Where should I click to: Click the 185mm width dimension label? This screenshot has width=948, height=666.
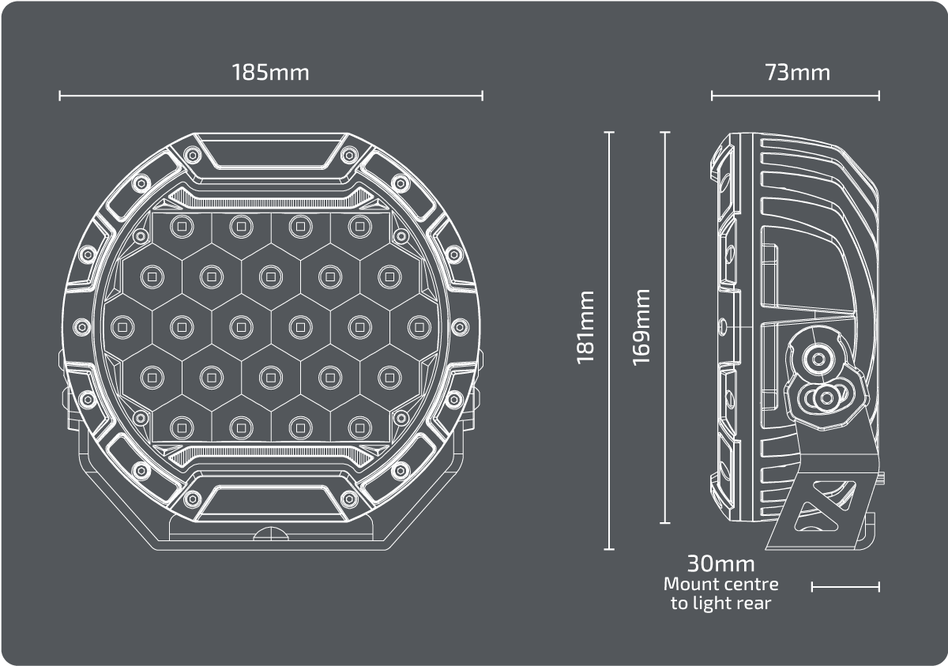pyautogui.click(x=270, y=73)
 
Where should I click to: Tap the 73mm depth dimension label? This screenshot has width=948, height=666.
pyautogui.click(x=797, y=73)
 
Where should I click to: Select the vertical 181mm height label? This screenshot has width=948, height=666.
pyautogui.click(x=585, y=327)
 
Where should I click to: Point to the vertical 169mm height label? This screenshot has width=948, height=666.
pyautogui.click(x=641, y=327)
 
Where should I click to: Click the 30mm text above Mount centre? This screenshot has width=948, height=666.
pyautogui.click(x=720, y=563)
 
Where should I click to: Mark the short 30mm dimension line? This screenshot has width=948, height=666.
pyautogui.click(x=845, y=587)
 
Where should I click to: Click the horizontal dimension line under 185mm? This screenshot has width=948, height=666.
pyautogui.click(x=271, y=96)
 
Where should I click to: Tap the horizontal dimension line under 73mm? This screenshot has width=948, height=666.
pyautogui.click(x=796, y=96)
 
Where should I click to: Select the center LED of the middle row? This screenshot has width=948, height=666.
pyautogui.click(x=271, y=327)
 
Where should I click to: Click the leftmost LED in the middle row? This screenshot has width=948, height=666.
pyautogui.click(x=122, y=327)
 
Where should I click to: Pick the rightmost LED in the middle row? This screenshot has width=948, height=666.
pyautogui.click(x=419, y=327)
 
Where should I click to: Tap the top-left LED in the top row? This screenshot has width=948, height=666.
pyautogui.click(x=182, y=227)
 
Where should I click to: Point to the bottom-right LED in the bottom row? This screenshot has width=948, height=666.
pyautogui.click(x=360, y=427)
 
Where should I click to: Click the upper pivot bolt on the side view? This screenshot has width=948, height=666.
pyautogui.click(x=818, y=359)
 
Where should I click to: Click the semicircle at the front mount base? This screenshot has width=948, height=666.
pyautogui.click(x=271, y=534)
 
